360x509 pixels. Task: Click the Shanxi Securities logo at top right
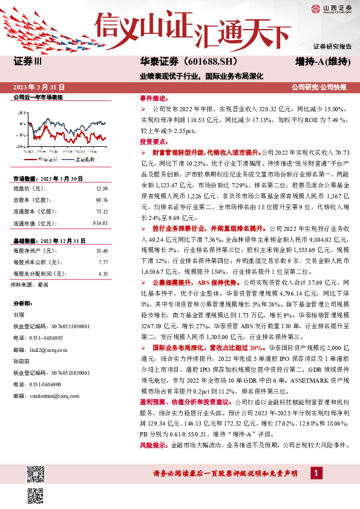click(x=330, y=8)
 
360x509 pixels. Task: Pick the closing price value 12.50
click(x=102, y=189)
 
